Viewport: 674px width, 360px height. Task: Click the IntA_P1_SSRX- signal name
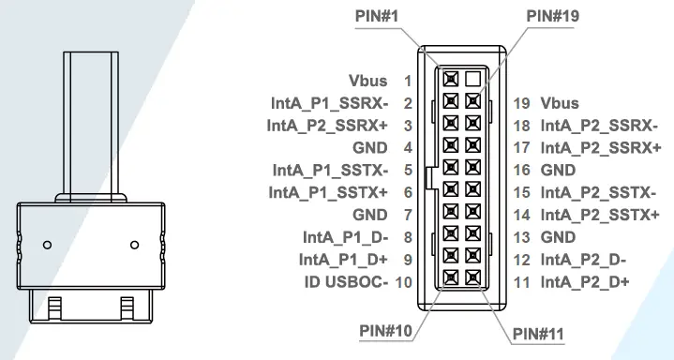(326, 103)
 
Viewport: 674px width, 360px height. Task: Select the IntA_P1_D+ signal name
(343, 259)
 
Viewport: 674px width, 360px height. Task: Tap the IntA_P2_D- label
(584, 260)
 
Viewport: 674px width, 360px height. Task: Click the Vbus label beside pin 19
(560, 103)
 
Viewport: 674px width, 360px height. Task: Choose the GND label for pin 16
(559, 171)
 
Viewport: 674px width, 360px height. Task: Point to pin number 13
(523, 237)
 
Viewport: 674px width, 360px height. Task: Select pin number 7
(408, 215)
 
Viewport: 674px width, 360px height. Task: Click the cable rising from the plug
(91, 122)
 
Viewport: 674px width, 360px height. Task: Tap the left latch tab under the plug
(54, 306)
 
